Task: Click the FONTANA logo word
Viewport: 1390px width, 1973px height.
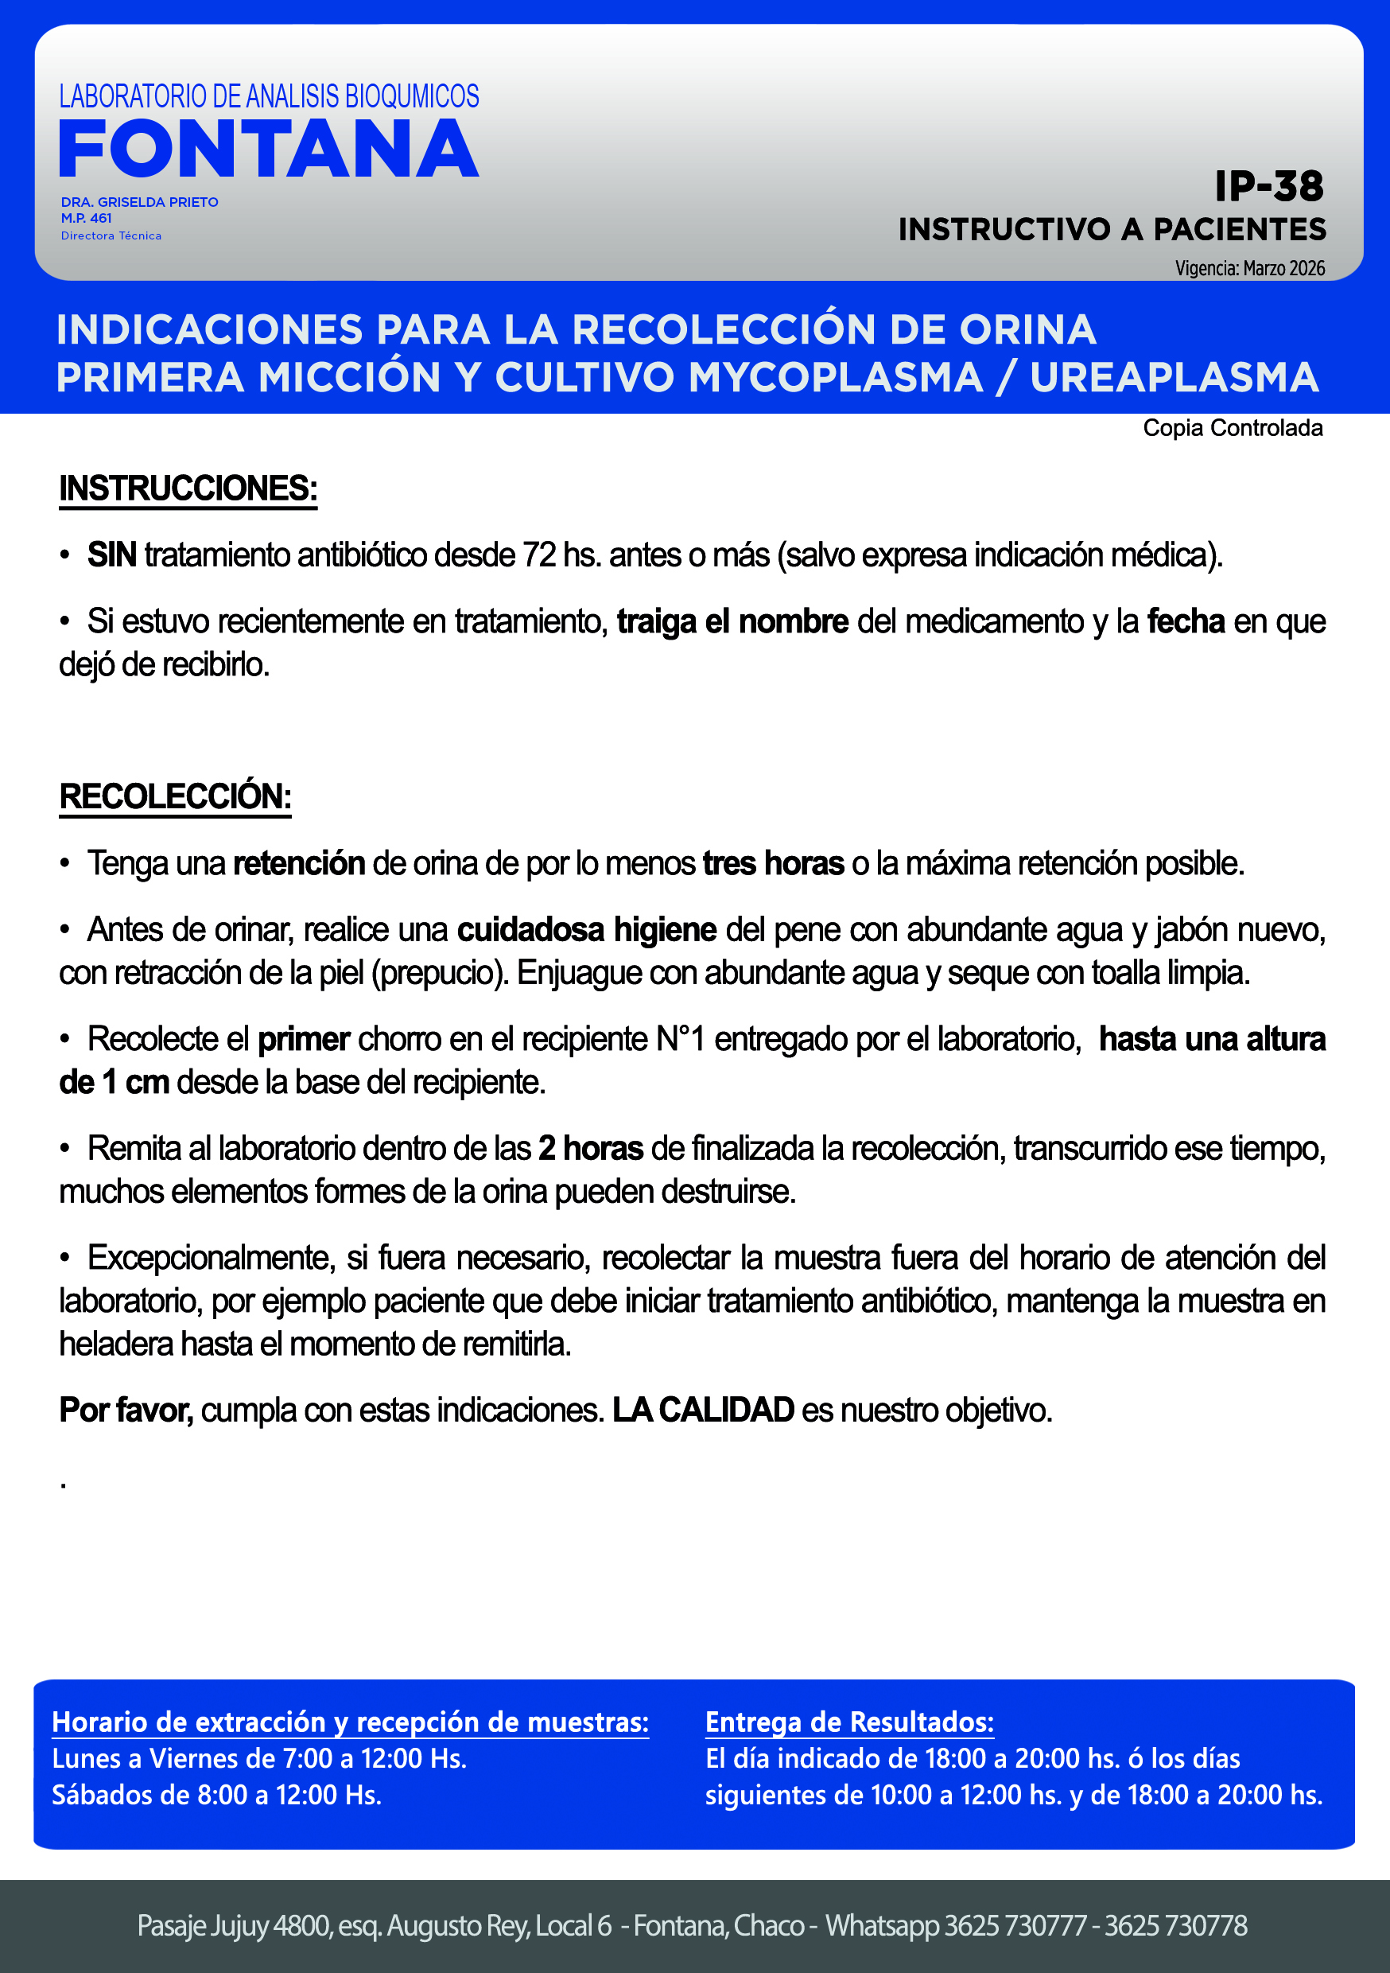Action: click(268, 149)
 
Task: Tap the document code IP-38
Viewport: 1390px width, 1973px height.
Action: click(1268, 186)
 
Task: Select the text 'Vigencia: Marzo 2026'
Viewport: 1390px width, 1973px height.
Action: click(1249, 268)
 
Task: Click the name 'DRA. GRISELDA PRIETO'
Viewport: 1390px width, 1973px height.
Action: click(139, 202)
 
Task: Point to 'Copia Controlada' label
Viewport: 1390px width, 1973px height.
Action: click(1232, 428)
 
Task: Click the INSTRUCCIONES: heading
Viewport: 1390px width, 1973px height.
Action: click(188, 488)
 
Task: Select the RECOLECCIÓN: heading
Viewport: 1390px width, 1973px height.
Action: click(175, 796)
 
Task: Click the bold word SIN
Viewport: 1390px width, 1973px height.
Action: click(111, 555)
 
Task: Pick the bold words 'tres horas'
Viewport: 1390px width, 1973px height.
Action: click(772, 862)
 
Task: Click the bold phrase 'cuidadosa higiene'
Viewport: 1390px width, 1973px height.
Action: click(586, 930)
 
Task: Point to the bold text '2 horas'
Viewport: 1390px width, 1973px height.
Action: click(590, 1148)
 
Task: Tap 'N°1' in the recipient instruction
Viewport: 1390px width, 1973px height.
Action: click(681, 1039)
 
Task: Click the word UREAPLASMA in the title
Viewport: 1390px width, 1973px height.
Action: click(1174, 377)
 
